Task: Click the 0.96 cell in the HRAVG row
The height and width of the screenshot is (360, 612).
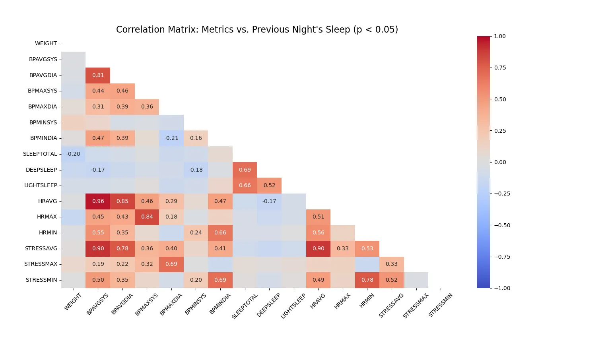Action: [98, 201]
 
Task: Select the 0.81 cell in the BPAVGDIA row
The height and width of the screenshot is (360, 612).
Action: [98, 75]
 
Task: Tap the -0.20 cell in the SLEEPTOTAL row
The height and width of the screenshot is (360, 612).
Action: [73, 154]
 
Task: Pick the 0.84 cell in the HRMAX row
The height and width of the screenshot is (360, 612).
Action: [147, 217]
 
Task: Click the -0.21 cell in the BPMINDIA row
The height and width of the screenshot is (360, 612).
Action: [171, 138]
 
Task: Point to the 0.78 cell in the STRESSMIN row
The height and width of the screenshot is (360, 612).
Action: [367, 280]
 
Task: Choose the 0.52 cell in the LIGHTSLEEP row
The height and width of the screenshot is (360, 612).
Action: [269, 185]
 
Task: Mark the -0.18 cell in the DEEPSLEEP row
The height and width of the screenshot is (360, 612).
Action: [196, 170]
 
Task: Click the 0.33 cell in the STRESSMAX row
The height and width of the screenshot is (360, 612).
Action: [392, 264]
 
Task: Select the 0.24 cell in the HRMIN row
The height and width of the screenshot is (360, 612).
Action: [196, 232]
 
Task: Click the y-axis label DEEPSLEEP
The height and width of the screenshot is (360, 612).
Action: [41, 170]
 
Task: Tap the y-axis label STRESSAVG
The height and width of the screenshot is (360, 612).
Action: [41, 248]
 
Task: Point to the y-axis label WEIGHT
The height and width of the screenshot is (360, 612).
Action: [46, 43]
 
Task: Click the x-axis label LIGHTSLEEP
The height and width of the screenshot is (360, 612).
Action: [293, 306]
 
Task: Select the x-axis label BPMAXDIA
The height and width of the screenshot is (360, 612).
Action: [171, 304]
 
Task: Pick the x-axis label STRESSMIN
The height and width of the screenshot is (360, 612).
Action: [441, 305]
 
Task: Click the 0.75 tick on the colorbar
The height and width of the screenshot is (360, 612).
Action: [500, 68]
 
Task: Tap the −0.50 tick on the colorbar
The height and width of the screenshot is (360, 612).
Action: [501, 225]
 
